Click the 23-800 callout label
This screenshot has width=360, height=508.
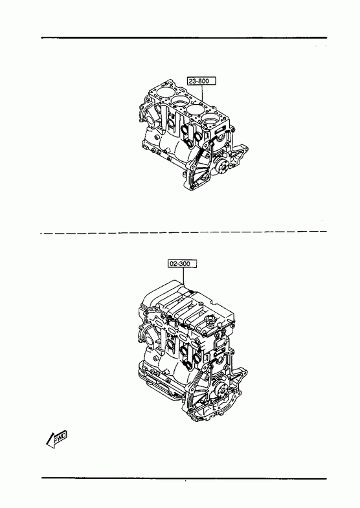pyautogui.click(x=201, y=81)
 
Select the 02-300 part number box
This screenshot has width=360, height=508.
pyautogui.click(x=183, y=264)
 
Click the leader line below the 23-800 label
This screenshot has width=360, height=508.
pyautogui.click(x=203, y=93)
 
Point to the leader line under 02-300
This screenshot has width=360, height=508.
pyautogui.click(x=183, y=276)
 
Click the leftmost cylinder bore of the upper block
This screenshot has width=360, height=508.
pyautogui.click(x=163, y=92)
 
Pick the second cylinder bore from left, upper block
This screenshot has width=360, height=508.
pyautogui.click(x=179, y=101)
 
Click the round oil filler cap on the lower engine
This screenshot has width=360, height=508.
pyautogui.click(x=209, y=321)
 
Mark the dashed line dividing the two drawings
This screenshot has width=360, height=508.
pyautogui.click(x=183, y=232)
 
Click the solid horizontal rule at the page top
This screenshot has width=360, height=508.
pyautogui.click(x=184, y=38)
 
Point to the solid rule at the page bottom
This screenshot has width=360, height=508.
pyautogui.click(x=184, y=478)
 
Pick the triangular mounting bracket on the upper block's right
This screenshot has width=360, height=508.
pyautogui.click(x=239, y=156)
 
